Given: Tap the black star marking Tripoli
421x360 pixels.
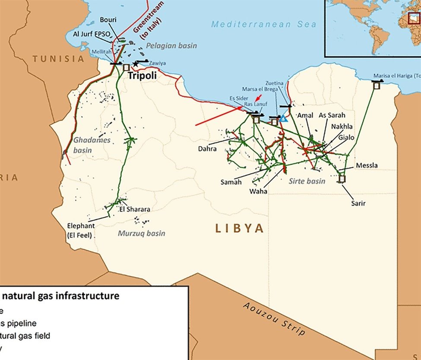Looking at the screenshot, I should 136,64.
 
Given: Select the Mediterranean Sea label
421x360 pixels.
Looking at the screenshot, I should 264,24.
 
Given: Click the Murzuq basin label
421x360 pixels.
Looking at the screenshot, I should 141,233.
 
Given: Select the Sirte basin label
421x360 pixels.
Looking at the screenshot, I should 307,181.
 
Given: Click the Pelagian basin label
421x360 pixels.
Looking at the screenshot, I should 171,45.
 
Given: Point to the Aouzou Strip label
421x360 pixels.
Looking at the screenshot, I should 274,319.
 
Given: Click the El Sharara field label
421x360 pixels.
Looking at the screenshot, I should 138,209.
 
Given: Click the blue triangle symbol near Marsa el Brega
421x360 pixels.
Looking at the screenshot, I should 283,118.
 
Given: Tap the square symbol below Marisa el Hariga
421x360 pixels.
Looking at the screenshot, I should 376,86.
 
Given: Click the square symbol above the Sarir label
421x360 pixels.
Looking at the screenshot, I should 342,178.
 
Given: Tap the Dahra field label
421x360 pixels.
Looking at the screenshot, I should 207,149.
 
